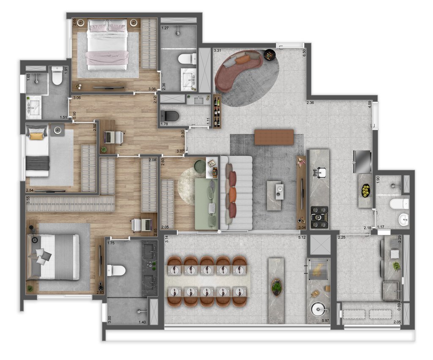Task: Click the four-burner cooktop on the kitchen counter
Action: (319, 217)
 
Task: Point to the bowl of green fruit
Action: (365, 191)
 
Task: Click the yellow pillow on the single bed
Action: (36, 136)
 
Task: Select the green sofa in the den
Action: (206, 204)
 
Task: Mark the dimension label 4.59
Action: (370, 105)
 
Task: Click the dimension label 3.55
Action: (28, 201)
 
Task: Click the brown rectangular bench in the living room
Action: (274, 137)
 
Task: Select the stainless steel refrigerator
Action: (363, 161)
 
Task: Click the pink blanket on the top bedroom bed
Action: (107, 58)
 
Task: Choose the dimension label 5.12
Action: (301, 237)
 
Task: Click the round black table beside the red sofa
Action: (269, 54)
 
